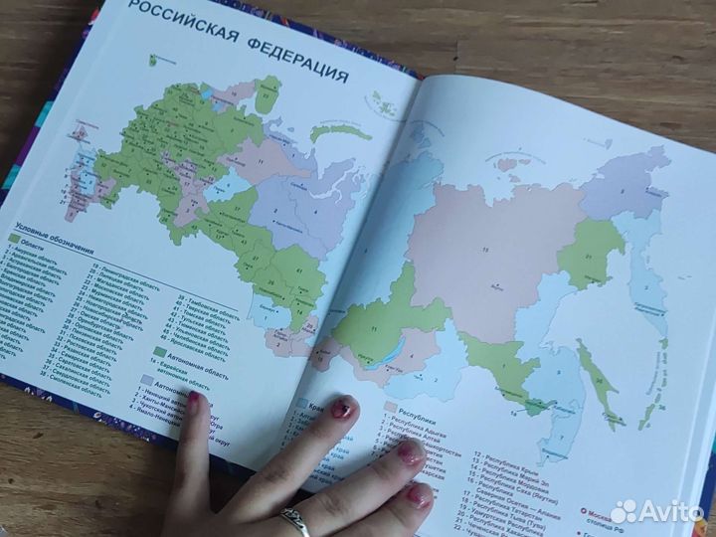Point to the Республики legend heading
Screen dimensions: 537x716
412,409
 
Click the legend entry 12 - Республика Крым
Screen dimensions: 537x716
507,461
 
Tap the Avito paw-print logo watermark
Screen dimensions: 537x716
623,511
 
